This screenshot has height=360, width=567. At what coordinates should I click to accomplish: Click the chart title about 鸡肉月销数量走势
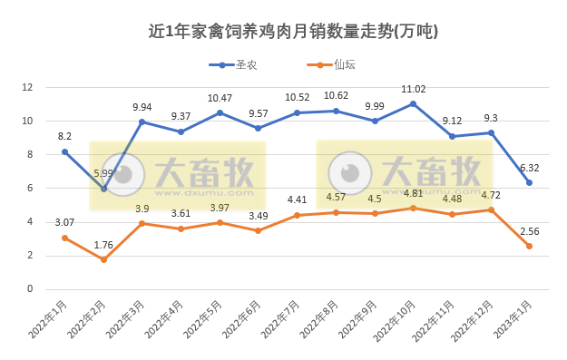[x=293, y=31]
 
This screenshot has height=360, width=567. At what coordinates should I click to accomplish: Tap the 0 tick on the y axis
[x=29, y=289]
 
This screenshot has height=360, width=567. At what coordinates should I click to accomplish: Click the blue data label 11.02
[x=413, y=89]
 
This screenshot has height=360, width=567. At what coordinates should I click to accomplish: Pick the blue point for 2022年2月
[x=103, y=189]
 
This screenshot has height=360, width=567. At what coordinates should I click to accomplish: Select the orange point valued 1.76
[x=103, y=260]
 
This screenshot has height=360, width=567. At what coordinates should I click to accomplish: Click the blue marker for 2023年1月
[x=529, y=183]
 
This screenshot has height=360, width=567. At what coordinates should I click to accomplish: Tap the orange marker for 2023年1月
[x=529, y=247]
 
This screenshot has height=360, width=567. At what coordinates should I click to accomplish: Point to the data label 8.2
[x=64, y=136]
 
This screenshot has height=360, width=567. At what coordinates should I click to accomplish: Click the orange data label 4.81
[x=413, y=193]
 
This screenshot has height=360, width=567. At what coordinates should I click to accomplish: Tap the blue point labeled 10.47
[x=220, y=112]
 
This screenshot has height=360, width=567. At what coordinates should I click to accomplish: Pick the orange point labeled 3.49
[x=259, y=230]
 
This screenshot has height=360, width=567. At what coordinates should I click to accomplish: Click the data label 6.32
[x=529, y=168]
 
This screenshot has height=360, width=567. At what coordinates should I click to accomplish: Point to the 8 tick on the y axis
[x=29, y=154]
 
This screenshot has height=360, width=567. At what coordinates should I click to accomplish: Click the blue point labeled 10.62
[x=336, y=111]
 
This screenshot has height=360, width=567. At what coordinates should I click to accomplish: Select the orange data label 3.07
[x=64, y=222]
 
